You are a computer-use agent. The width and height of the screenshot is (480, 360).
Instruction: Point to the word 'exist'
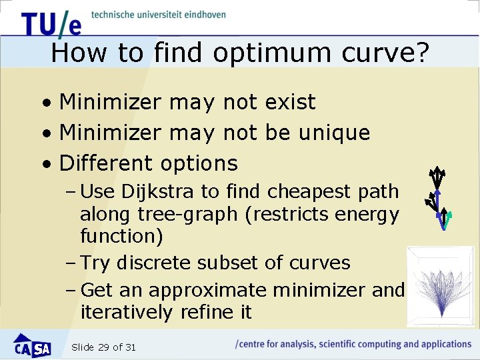point(290,102)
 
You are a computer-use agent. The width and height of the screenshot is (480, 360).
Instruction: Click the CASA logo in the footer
point(32,345)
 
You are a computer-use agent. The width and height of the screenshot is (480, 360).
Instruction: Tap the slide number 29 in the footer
point(103,347)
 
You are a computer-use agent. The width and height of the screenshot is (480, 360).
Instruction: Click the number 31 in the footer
point(130,347)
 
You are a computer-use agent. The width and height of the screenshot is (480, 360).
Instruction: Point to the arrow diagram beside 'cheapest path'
point(438,197)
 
